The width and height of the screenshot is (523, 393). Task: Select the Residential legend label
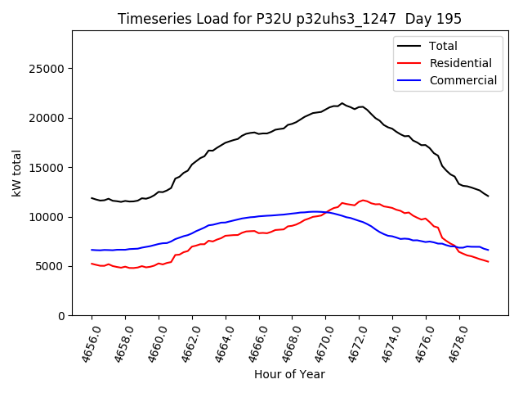coord(461,63)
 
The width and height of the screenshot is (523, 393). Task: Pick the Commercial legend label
coord(463,80)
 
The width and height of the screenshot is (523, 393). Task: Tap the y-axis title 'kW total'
coord(16,174)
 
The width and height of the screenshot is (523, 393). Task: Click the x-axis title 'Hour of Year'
coord(289,374)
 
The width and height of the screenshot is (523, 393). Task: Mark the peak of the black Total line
coord(342,103)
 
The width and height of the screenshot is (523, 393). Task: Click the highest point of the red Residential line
coord(363,200)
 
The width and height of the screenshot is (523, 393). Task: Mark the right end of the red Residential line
coord(488,262)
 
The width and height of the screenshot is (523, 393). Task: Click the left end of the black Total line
coord(92,197)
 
